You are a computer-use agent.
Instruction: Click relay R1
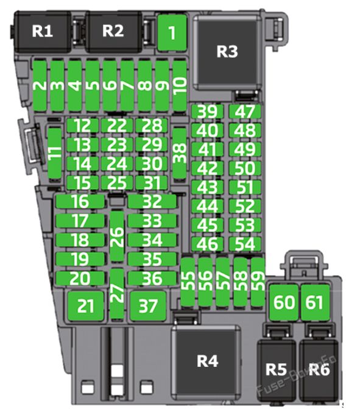click(42, 32)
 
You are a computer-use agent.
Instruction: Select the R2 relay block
click(113, 32)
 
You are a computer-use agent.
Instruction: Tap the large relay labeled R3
click(227, 52)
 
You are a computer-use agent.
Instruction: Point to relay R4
click(207, 361)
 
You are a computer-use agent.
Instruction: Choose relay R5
click(276, 370)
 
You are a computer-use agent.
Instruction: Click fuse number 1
click(172, 33)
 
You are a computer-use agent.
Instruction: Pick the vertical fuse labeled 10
click(180, 86)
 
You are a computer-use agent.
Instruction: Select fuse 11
click(55, 153)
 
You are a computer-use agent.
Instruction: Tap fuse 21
click(85, 306)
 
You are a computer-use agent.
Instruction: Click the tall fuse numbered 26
click(117, 237)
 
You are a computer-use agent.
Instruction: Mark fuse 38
click(179, 153)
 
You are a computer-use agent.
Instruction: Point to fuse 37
click(148, 306)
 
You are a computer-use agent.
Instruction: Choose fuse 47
click(245, 112)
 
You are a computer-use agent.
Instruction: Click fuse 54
click(245, 244)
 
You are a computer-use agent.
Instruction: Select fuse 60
click(284, 302)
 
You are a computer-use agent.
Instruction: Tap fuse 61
click(316, 302)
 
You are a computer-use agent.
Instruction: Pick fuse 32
click(152, 201)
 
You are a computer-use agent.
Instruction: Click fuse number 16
click(80, 201)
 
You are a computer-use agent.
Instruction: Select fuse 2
click(40, 86)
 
